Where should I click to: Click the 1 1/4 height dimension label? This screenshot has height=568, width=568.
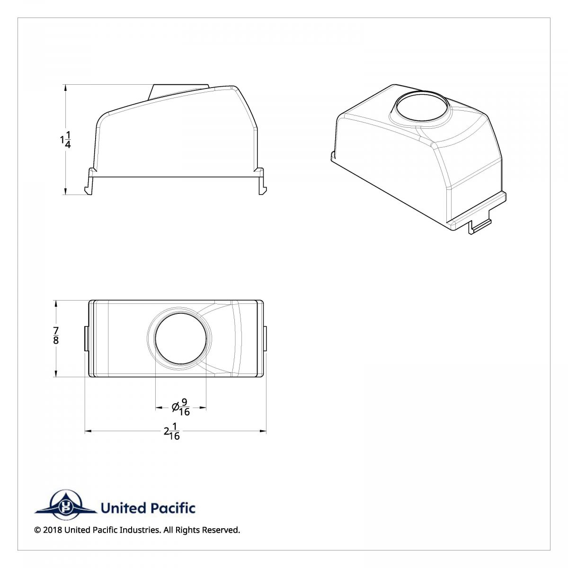(66, 140)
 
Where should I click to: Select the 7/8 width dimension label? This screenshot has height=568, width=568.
(56, 336)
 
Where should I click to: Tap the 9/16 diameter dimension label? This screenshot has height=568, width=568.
(184, 407)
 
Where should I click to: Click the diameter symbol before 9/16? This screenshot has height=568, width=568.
(175, 407)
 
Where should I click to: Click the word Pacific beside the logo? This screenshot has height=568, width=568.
(172, 508)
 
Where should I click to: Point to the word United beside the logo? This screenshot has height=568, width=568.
(123, 508)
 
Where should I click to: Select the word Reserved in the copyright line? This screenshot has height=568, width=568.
(221, 530)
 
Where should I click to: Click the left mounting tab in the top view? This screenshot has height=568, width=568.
(86, 338)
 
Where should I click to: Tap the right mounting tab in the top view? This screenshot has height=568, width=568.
(265, 338)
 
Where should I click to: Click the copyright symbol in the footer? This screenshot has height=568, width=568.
(37, 530)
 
